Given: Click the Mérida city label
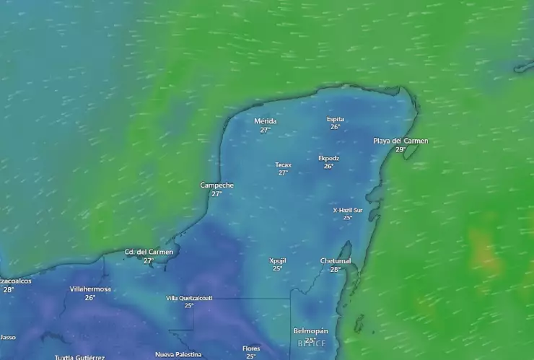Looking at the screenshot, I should [265, 121].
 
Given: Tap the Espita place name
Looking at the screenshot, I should [335, 119].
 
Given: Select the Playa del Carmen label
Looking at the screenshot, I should [400, 141].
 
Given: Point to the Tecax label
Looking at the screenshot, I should [283, 164].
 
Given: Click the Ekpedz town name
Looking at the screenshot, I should [328, 158].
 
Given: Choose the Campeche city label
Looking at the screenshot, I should [216, 185].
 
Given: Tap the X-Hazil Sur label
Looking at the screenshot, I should [347, 210].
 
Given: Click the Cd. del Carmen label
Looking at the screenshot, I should [148, 252].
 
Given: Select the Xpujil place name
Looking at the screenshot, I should [277, 260].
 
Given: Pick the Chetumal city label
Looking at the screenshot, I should [335, 261].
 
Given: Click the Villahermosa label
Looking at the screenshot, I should [90, 289].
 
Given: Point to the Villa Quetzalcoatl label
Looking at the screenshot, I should [189, 297].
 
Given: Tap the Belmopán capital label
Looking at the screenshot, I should [310, 331].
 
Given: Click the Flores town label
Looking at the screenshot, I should [250, 348].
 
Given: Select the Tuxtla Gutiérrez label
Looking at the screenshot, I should [79, 357].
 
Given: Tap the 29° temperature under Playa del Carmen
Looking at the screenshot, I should [400, 149].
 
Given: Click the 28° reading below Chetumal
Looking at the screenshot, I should [335, 270].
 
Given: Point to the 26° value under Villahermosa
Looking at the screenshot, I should [90, 297].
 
